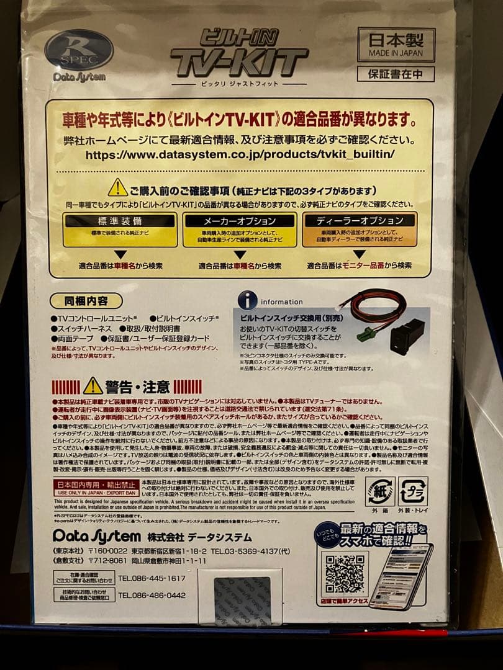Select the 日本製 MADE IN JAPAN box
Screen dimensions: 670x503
tap(396, 45)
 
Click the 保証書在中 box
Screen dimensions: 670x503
tap(396, 74)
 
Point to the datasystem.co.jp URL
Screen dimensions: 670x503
tap(240, 154)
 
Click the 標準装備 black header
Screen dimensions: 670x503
tap(120, 220)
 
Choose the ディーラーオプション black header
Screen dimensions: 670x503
tap(360, 220)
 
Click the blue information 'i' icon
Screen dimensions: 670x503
tap(248, 301)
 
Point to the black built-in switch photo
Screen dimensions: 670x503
tap(409, 336)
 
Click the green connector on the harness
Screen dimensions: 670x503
tap(367, 334)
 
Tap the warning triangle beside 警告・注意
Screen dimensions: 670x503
tap(93, 386)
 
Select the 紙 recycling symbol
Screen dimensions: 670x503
tap(379, 491)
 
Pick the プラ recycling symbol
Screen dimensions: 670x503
tap(413, 490)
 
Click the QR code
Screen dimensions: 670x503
tap(345, 574)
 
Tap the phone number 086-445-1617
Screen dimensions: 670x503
tap(152, 578)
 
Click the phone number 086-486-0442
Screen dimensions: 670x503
tap(152, 595)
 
